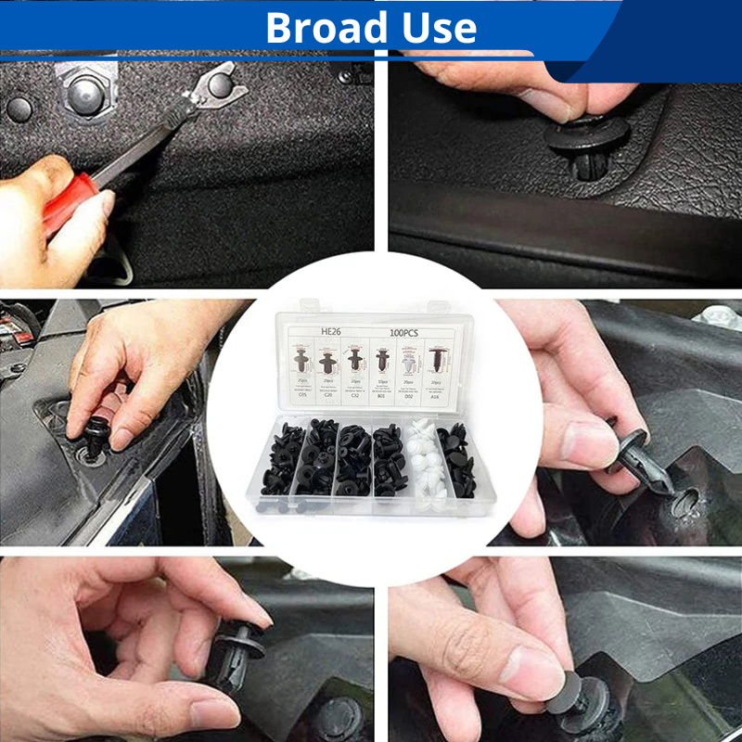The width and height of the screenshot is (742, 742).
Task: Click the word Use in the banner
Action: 439,28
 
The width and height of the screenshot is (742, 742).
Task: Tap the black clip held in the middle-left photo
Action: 96,437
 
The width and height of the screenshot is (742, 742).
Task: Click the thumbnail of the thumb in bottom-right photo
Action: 530,668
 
